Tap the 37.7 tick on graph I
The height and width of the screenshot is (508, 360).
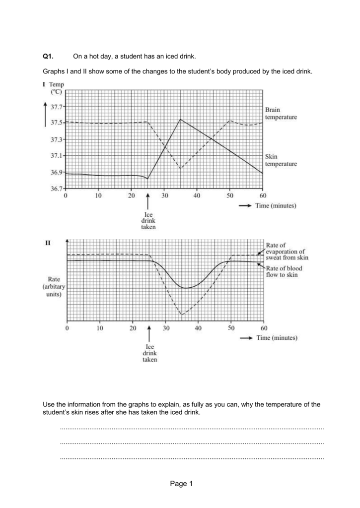click(57, 106)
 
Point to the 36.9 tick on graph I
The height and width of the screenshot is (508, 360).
click(57, 172)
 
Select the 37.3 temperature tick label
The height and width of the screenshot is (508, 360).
click(57, 139)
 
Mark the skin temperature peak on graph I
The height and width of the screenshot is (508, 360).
click(181, 119)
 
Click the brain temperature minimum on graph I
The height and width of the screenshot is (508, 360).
click(181, 169)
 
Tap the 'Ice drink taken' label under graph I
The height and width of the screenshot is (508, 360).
click(148, 220)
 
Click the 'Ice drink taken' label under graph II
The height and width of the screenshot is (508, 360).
click(149, 353)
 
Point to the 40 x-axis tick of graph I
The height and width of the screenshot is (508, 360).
click(197, 195)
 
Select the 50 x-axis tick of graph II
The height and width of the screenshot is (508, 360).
click(231, 328)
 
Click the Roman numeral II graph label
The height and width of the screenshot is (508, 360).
click(48, 243)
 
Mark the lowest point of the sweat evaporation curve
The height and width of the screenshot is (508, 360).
click(182, 315)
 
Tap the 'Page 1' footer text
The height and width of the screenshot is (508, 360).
click(180, 484)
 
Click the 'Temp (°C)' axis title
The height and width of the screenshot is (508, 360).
click(56, 88)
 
